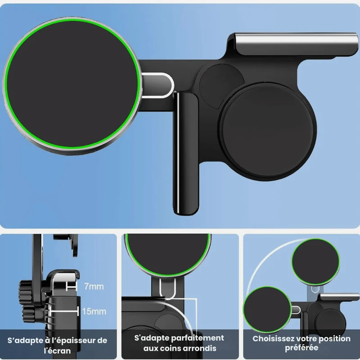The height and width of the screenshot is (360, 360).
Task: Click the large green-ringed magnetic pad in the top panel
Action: tap(72, 85)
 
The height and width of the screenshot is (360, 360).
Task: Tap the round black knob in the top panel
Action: tap(267, 131)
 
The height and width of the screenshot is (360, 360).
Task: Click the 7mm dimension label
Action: tap(94, 287)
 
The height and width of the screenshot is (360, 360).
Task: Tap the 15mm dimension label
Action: tap(94, 311)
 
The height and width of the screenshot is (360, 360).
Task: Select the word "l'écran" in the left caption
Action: tap(57, 351)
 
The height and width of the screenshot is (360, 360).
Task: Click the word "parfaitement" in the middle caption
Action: tap(198, 338)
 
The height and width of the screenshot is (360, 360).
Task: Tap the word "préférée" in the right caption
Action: tap(301, 347)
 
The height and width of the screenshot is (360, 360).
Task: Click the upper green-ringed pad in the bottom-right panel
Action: tap(316, 262)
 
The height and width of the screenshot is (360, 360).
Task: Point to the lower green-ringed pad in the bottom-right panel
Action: tap(267, 310)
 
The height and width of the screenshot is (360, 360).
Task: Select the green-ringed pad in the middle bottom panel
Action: tap(167, 254)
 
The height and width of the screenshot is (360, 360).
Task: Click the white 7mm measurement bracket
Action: tap(71, 287)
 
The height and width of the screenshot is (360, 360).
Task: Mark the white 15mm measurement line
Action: tap(63, 311)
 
